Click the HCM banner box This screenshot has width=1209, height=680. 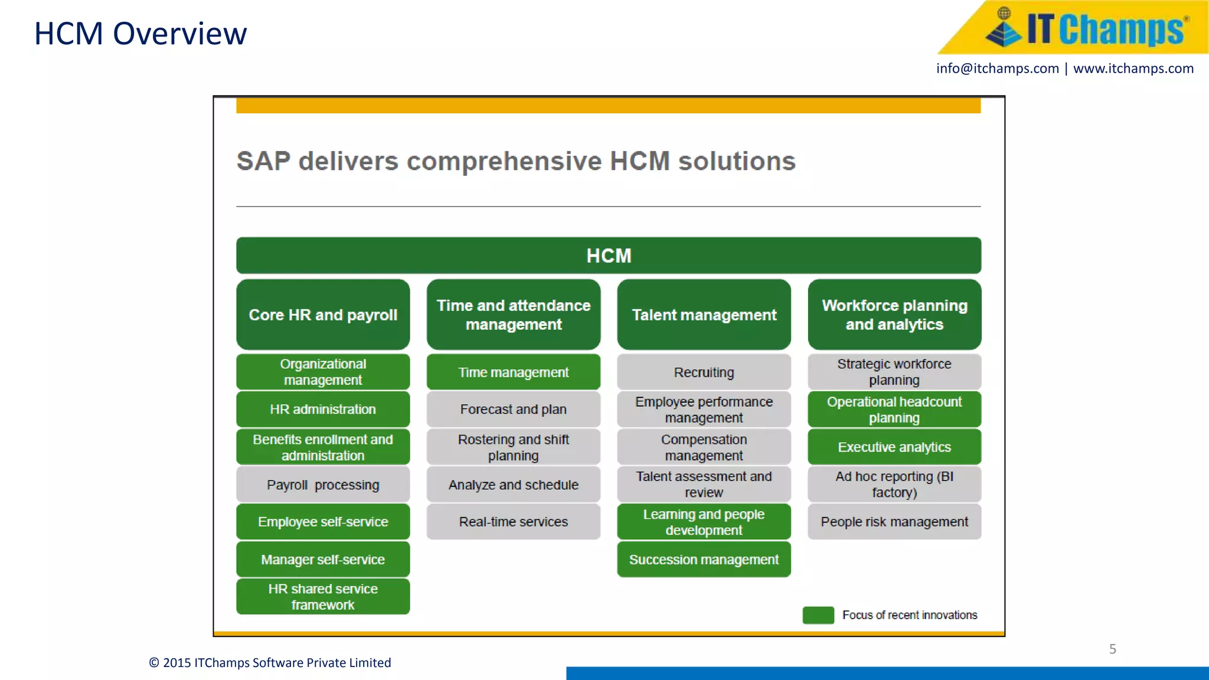click(x=609, y=256)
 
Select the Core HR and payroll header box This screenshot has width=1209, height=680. click(x=323, y=315)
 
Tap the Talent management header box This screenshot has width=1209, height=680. click(x=704, y=315)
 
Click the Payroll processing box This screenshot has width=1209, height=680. click(x=323, y=485)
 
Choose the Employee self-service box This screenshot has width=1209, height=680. click(x=323, y=522)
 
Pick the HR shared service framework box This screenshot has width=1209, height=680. click(x=323, y=597)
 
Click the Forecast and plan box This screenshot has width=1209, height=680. click(x=513, y=409)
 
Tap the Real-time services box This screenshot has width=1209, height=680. click(x=513, y=522)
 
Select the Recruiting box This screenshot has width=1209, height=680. click(x=704, y=372)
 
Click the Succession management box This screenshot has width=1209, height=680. click(x=704, y=560)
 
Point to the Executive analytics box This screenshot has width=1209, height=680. click(x=894, y=447)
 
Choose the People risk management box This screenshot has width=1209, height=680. click(x=894, y=522)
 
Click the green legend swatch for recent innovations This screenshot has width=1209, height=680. click(x=818, y=615)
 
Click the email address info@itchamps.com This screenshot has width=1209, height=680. click(x=997, y=68)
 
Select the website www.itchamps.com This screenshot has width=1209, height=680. click(x=1133, y=68)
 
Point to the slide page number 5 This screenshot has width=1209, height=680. click(x=1112, y=649)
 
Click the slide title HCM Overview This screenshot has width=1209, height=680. click(x=140, y=34)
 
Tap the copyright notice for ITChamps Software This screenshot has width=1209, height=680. click(x=270, y=663)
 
